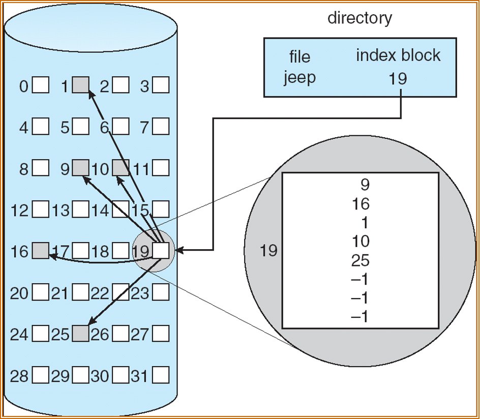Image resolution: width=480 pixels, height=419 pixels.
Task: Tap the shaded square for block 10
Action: click(x=121, y=168)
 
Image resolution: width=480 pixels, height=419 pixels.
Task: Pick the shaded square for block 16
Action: click(x=41, y=250)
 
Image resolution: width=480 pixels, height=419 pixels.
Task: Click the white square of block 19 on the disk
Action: click(x=161, y=250)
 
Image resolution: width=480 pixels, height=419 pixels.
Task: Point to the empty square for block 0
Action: click(x=41, y=85)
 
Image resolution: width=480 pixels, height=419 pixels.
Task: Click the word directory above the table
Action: click(x=359, y=18)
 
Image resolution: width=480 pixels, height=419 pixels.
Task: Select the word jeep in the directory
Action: click(x=299, y=78)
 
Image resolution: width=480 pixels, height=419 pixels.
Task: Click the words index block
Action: click(x=398, y=55)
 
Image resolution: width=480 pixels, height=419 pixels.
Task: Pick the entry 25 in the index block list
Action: click(x=360, y=260)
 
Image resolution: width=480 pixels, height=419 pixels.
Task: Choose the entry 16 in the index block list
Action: click(x=360, y=204)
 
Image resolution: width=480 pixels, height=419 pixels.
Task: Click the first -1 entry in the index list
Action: click(x=360, y=279)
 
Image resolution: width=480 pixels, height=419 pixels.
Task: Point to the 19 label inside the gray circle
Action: click(x=268, y=250)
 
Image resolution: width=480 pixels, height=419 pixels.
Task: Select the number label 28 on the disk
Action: click(x=19, y=376)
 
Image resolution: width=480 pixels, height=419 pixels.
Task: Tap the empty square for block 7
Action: click(x=161, y=127)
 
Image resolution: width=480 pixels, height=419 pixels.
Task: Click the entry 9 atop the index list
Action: click(x=364, y=185)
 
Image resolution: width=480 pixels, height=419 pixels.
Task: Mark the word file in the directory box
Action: click(x=299, y=56)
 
